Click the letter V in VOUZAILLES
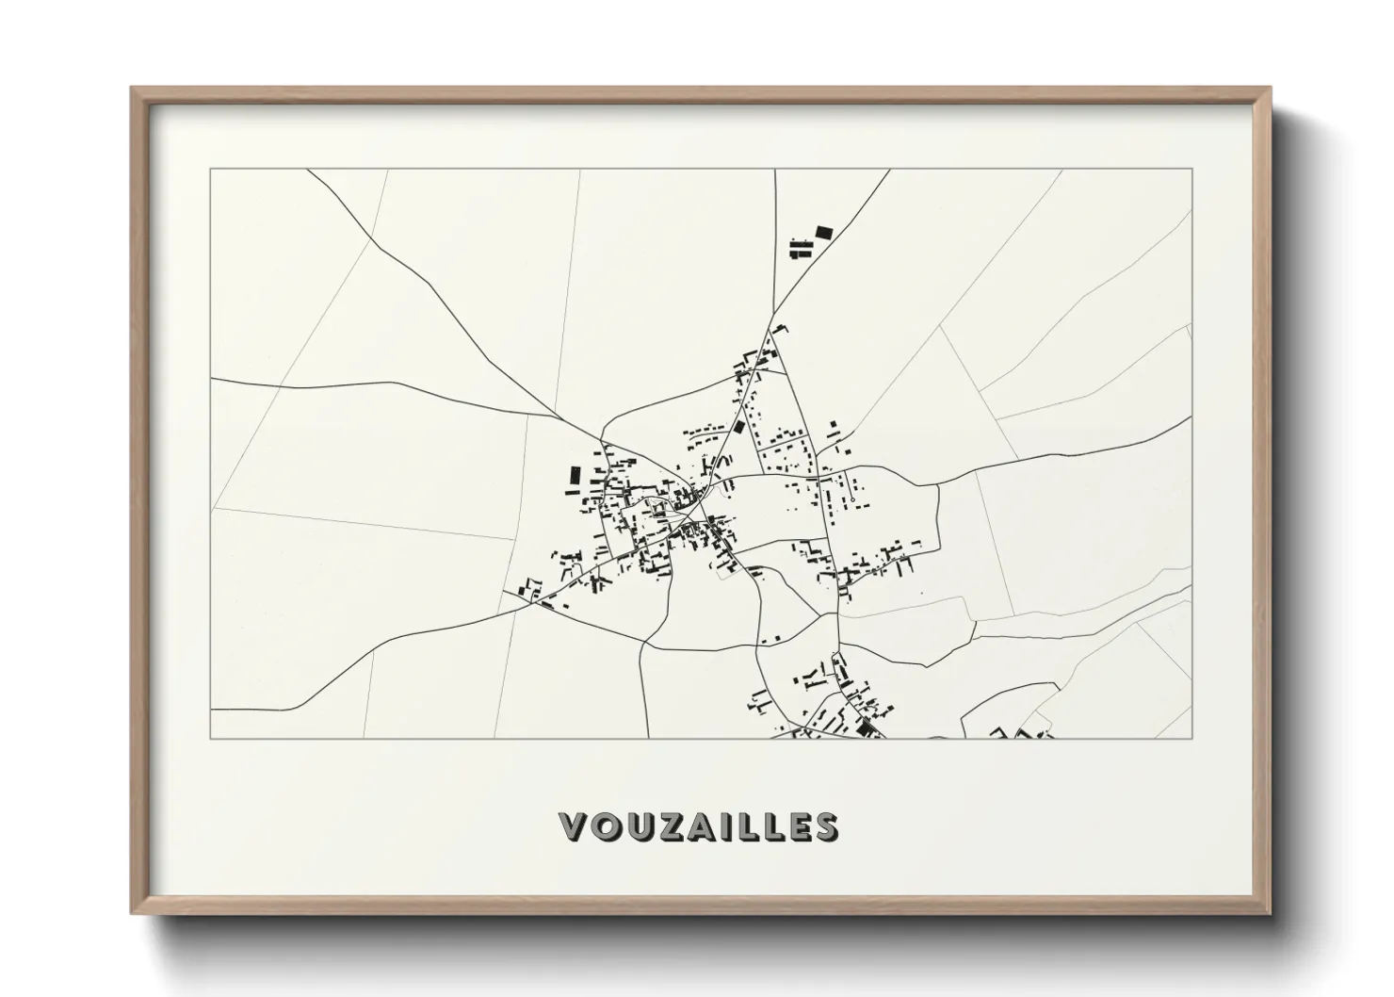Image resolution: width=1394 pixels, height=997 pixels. coord(575,826)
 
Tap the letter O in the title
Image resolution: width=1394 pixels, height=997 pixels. coord(608,826)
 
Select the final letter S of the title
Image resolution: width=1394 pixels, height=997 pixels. coord(826,826)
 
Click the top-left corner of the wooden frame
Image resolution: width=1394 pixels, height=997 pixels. coord(132,89)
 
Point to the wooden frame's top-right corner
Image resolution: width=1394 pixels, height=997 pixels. coord(1270,89)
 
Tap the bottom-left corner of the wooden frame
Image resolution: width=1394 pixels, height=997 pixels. coord(132,913)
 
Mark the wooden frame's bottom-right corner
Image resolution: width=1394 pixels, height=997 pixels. coord(1270,913)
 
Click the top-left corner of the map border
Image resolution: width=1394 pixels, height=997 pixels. coord(211,170)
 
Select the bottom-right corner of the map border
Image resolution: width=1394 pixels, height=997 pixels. coord(1192,738)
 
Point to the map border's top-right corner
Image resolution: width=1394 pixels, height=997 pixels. coord(1192,170)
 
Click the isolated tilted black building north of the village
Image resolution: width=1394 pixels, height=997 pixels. coord(824,232)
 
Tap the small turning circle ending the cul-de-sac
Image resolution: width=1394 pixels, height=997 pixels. coord(851,498)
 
